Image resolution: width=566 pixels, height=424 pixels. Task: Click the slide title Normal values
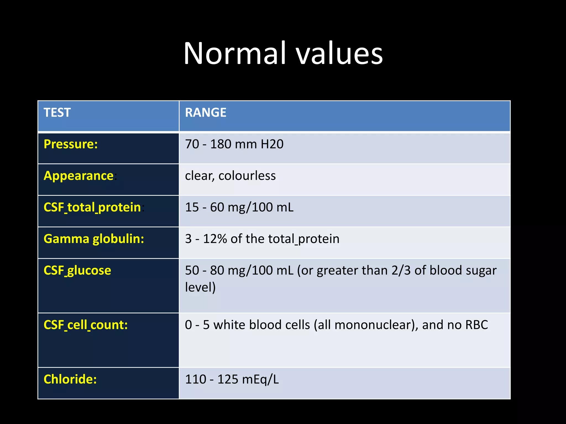coord(283,53)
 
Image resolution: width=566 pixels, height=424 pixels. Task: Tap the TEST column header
coord(57,113)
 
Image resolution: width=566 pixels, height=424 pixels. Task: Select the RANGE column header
coord(206,113)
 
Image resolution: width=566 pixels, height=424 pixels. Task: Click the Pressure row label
coord(71,144)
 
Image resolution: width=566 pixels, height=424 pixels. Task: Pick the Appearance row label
coord(79,176)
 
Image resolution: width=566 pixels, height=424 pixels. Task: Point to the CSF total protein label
coord(92,207)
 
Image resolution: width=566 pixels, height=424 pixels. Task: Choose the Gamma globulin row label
coord(94,239)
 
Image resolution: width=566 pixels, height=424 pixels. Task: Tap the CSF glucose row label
coord(77,270)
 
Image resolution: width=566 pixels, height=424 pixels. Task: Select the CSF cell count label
coord(86,325)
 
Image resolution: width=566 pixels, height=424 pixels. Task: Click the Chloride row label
coord(70,379)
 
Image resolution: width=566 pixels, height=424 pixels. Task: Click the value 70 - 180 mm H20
coord(234,144)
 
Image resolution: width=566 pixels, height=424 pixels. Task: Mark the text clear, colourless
coord(230,176)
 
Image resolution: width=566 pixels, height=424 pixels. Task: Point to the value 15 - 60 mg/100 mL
coord(239,207)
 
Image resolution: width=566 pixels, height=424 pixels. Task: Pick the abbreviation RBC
coord(476,325)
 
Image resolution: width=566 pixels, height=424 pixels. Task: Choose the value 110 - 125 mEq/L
coord(232,379)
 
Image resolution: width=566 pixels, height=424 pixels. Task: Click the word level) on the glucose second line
coord(200,287)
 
